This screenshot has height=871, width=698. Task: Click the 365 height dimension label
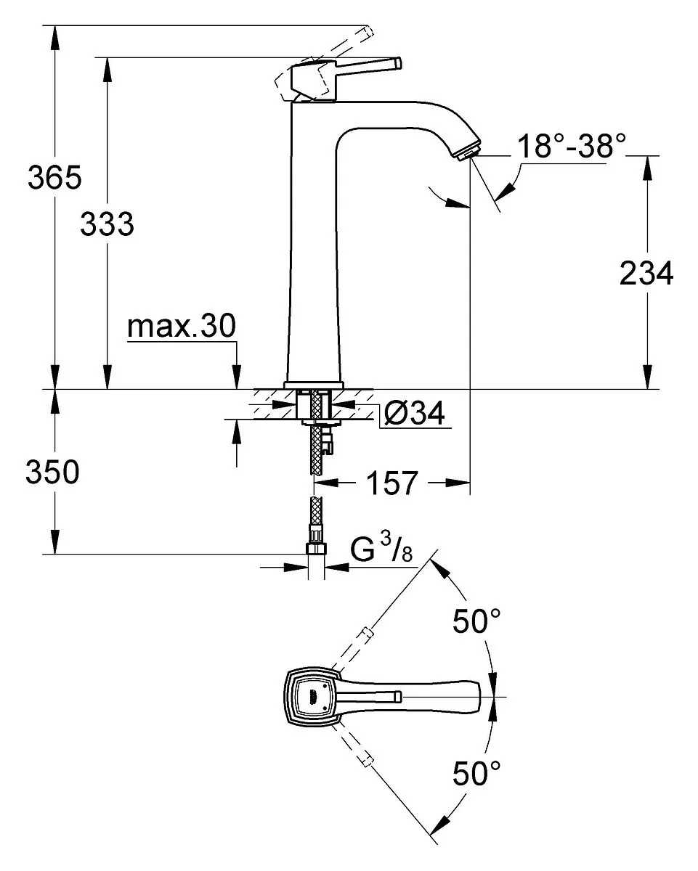click(54, 177)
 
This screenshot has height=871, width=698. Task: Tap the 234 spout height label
click(646, 274)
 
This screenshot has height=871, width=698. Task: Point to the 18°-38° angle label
click(572, 146)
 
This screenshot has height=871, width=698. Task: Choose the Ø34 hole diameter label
click(414, 413)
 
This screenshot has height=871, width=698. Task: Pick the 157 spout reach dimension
click(391, 483)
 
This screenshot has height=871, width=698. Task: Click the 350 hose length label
click(52, 472)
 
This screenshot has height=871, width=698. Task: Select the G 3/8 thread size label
click(381, 547)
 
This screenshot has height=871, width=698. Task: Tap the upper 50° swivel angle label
click(476, 621)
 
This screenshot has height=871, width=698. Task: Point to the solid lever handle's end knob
click(398, 64)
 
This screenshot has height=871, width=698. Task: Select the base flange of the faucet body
click(314, 385)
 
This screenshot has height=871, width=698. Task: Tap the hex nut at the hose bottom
click(316, 549)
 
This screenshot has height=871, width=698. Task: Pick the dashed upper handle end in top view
click(366, 633)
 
